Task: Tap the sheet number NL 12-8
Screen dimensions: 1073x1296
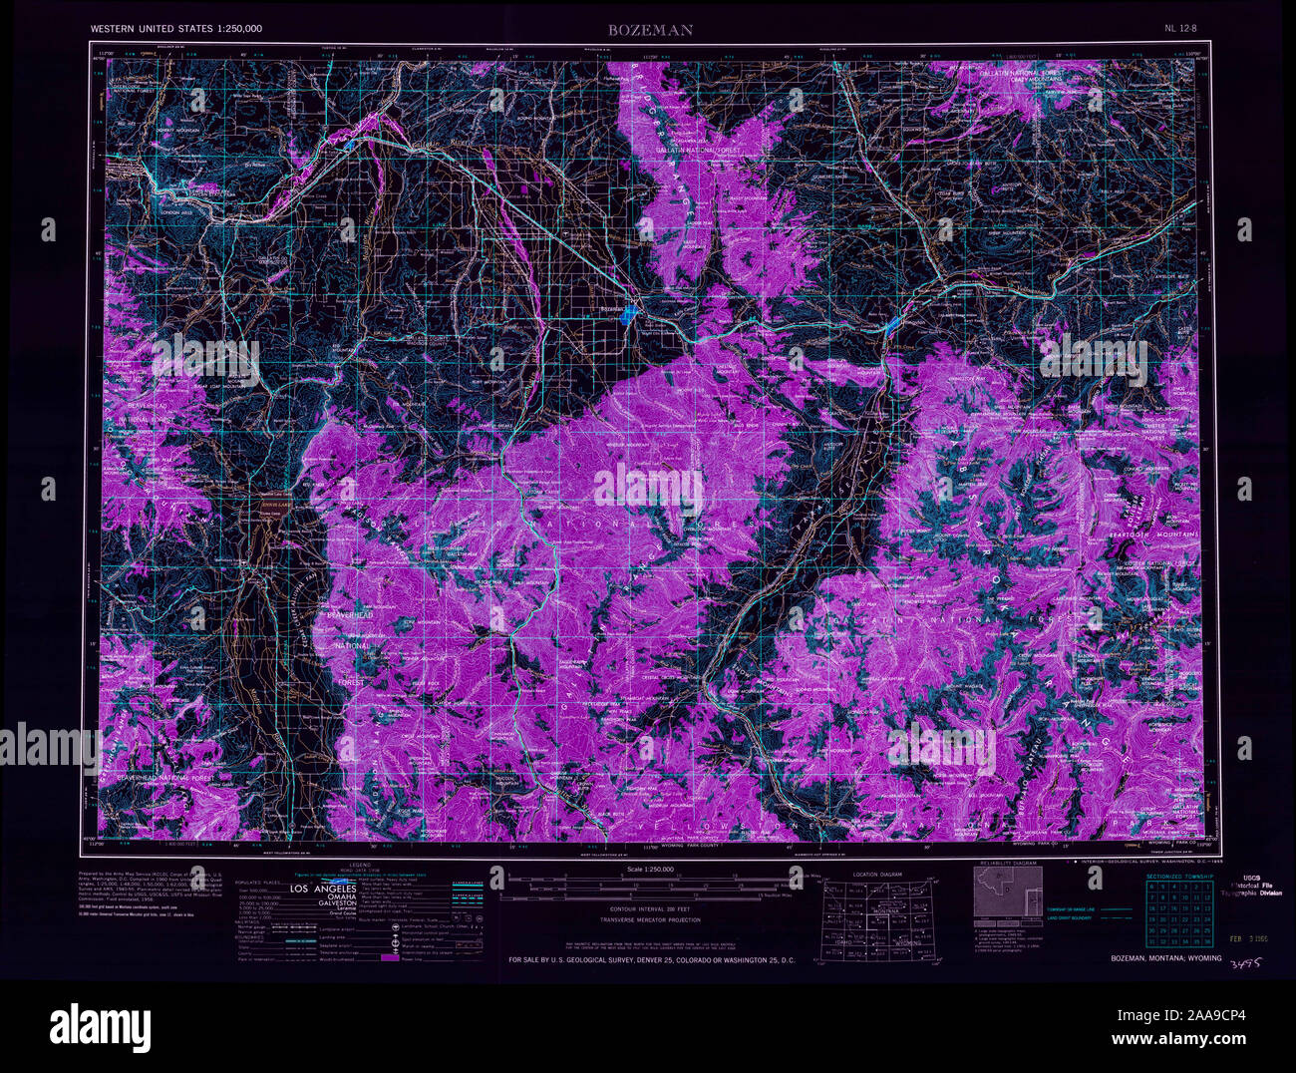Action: point(1182,30)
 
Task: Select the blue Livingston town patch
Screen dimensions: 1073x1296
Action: point(891,325)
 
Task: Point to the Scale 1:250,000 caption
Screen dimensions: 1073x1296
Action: point(646,871)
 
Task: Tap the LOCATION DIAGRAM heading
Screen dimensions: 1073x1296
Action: point(877,875)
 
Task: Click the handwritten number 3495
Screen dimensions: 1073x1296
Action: point(1240,963)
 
